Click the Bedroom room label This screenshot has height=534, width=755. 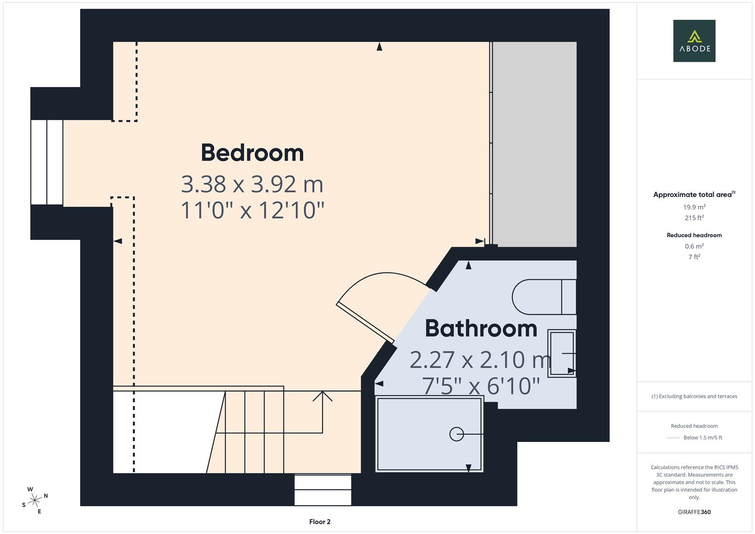[252, 153]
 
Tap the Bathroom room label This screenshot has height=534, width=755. [481, 328]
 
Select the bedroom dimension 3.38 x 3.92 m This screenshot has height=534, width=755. [252, 184]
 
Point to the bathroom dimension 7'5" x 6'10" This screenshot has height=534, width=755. [481, 386]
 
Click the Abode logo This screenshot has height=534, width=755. [694, 41]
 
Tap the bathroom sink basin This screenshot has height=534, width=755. [562, 353]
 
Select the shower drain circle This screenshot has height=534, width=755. [456, 434]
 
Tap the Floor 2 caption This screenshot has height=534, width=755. [319, 522]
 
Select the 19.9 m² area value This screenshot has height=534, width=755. [694, 207]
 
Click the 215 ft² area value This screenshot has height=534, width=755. [694, 218]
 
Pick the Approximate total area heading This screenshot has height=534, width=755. [694, 195]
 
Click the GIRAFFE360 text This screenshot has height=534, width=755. [694, 512]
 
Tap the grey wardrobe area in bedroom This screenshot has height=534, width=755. [535, 144]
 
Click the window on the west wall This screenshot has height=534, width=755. [47, 162]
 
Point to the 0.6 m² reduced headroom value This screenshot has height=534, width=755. [694, 246]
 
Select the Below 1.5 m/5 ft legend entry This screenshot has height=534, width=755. [702, 438]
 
